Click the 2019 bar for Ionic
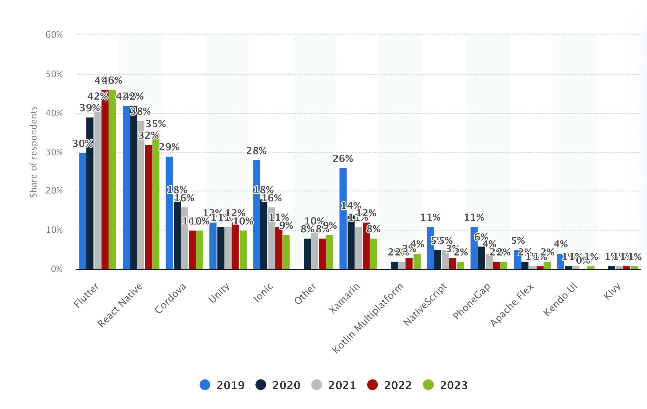[x=257, y=214]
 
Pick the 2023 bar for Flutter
[x=112, y=180]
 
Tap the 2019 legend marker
[x=205, y=385]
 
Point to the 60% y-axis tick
[x=54, y=35]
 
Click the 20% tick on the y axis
[x=54, y=191]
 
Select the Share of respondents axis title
[x=34, y=152]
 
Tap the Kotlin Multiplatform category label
[x=368, y=318]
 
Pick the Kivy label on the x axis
[x=612, y=291]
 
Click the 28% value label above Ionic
[x=256, y=151]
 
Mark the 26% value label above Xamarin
[x=343, y=159]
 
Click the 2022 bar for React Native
[x=149, y=207]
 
